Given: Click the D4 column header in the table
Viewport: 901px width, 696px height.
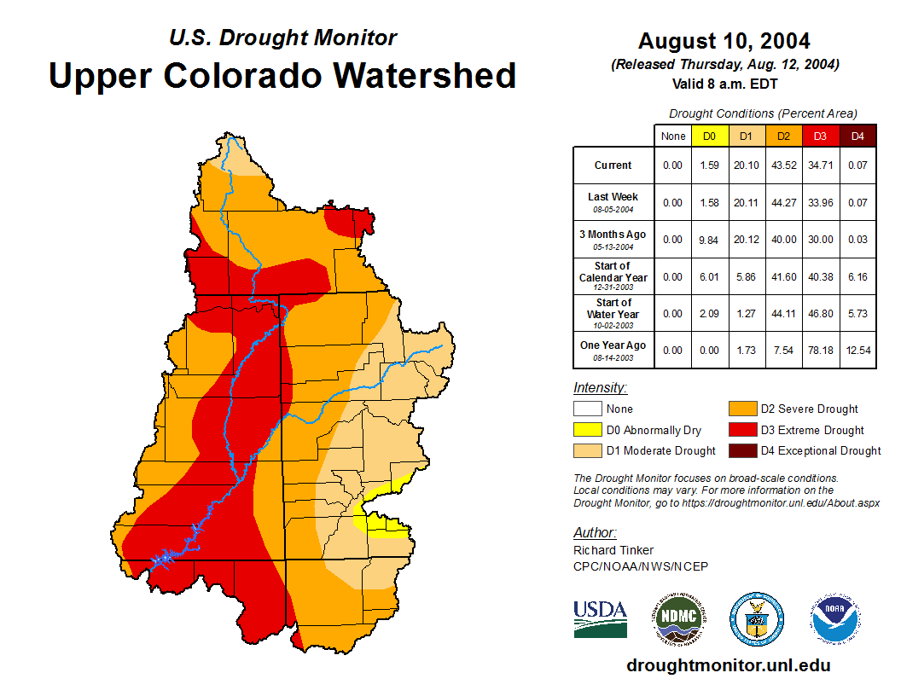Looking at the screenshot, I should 858,136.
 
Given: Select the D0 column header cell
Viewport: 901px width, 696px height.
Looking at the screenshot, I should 709,136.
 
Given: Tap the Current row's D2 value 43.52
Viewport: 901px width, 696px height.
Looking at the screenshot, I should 782,165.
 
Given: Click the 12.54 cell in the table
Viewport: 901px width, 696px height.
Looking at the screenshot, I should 858,351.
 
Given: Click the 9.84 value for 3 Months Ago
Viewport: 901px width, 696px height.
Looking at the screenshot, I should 709,241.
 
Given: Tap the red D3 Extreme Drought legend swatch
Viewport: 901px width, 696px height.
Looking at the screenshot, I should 741,430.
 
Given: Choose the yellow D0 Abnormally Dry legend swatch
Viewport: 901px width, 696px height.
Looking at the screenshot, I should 587,430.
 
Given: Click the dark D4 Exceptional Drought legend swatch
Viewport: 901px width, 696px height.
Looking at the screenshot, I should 741,450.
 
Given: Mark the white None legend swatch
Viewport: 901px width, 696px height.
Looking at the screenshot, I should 587,409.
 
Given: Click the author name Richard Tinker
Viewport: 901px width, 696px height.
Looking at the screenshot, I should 613,550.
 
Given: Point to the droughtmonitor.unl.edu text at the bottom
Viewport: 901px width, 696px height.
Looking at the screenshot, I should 728,665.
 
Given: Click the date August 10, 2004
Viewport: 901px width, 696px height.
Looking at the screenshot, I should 724,40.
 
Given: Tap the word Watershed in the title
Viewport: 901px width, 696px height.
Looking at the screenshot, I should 424,75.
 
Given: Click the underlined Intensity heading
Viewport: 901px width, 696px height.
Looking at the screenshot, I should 600,388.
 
